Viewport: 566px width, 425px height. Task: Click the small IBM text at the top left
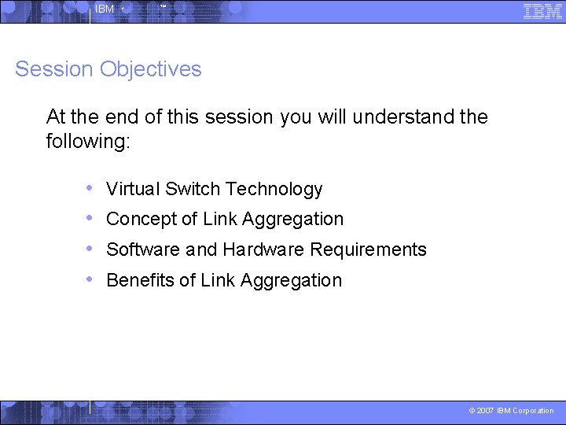point(104,9)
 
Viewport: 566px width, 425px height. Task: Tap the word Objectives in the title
point(151,69)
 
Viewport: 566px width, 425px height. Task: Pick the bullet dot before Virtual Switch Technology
point(90,188)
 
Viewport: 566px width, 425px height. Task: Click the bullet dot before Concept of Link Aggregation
point(90,218)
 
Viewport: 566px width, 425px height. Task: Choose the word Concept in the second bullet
point(141,220)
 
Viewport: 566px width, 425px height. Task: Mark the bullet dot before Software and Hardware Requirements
point(90,249)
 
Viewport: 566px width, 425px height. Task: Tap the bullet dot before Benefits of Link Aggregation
point(90,279)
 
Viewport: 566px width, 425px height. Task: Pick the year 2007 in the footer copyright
point(485,411)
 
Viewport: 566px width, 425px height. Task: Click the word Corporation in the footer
point(533,411)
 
